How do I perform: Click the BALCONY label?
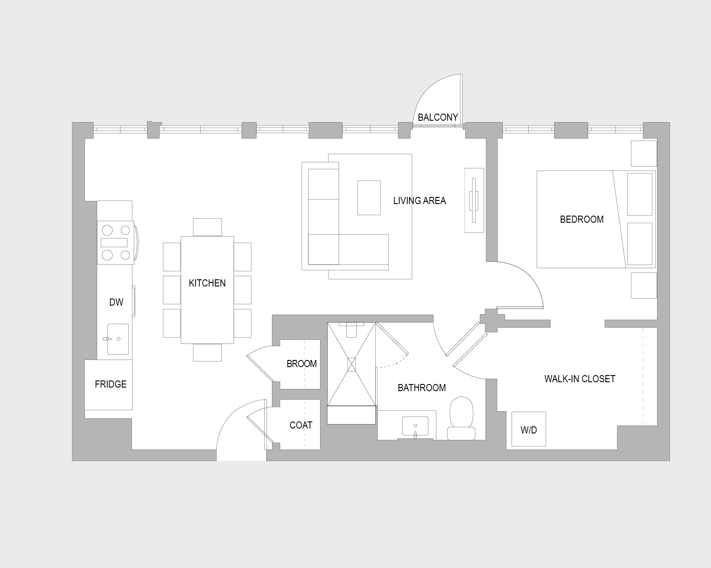click(438, 117)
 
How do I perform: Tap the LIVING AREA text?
click(419, 201)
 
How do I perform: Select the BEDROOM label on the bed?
click(581, 219)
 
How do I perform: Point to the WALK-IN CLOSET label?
click(579, 379)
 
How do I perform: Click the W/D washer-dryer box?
click(529, 429)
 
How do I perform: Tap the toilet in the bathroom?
click(461, 418)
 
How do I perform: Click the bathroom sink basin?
click(415, 426)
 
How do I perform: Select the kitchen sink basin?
click(118, 339)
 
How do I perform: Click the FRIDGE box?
click(108, 385)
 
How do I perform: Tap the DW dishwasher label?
click(116, 302)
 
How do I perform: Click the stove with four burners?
click(115, 242)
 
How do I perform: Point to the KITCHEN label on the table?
click(207, 283)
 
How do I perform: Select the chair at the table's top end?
click(207, 227)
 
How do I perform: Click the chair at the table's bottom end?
click(207, 352)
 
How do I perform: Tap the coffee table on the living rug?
click(369, 197)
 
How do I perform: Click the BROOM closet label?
click(302, 364)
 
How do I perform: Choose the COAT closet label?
click(300, 425)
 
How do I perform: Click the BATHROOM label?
click(422, 388)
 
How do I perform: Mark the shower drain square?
click(352, 364)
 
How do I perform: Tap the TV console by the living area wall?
click(474, 200)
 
